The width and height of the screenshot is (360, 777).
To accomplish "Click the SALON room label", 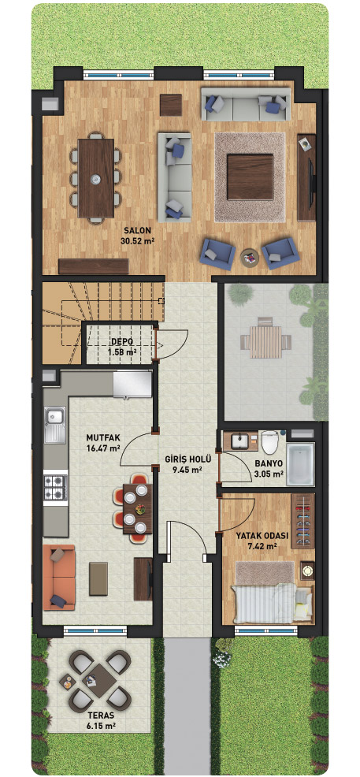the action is coord(137,231).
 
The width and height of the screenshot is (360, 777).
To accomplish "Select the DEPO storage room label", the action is coord(121,342).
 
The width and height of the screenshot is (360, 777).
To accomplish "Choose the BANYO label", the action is coord(269,464).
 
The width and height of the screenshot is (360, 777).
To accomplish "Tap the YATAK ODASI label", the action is coord(255,536).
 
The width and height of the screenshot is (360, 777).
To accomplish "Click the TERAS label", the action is coord(100,715).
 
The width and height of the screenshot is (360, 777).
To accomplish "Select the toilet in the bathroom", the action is coord(271,442).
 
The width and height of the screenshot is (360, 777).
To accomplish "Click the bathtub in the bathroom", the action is coord(301,464).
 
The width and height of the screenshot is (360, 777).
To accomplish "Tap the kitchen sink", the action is coord(55,425).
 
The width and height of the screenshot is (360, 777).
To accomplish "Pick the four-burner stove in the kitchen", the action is coord(55,487).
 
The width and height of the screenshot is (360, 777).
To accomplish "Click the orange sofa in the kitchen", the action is coord(59,578).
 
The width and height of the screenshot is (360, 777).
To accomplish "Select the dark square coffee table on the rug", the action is coord(250,177).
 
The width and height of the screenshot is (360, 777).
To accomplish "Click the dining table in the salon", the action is coord(96,178).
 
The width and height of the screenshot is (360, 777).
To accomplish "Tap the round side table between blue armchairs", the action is coord(250,258).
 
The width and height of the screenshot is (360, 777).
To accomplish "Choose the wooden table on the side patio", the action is coord(265,342).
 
